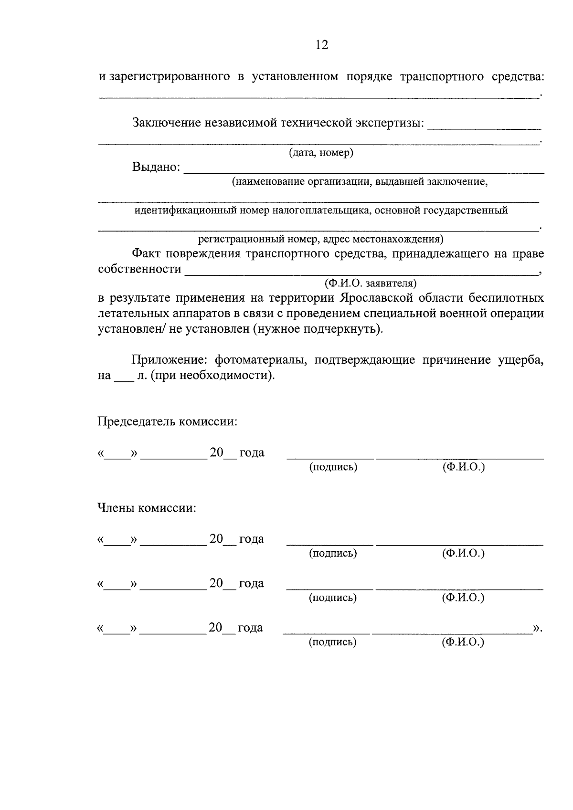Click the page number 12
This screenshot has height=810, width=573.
coord(322,45)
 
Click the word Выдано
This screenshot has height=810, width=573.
coord(156,167)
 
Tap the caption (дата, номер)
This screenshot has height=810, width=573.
coord(321,153)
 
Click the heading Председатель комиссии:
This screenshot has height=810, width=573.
coord(168,422)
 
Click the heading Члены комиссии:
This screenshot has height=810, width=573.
coord(147,508)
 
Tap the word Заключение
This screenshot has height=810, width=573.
coord(166,123)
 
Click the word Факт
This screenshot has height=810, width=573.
coord(147,253)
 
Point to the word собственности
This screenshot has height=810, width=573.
coord(139,269)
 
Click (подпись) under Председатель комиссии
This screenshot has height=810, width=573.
coord(333,467)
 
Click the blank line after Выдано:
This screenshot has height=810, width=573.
coord(363,170)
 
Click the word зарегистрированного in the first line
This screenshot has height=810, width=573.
coord(170,77)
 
